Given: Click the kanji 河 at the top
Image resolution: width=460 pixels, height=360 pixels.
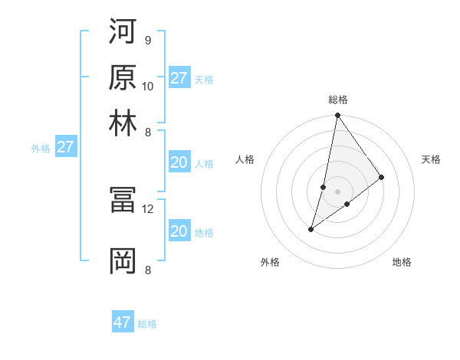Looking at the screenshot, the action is pyautogui.click(x=123, y=31).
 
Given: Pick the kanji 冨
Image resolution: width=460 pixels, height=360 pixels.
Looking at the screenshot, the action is pyautogui.click(x=123, y=200).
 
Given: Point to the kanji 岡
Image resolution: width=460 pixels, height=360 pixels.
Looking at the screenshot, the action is pyautogui.click(x=123, y=260).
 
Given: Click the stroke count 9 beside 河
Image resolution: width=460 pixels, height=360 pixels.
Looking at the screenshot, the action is pyautogui.click(x=147, y=40).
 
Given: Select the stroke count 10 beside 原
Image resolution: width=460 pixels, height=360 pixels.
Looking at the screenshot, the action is pyautogui.click(x=148, y=86).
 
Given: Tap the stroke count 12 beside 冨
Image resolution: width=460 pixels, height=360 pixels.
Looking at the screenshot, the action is pyautogui.click(x=148, y=208).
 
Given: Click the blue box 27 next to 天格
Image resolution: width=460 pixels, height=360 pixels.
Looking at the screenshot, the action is pyautogui.click(x=179, y=78).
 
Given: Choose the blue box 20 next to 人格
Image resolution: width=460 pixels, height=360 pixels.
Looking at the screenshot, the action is pyautogui.click(x=179, y=162).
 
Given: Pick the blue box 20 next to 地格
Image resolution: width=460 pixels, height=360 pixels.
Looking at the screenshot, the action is pyautogui.click(x=179, y=231).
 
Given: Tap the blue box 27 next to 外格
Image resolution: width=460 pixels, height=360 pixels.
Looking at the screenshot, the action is pyautogui.click(x=65, y=147).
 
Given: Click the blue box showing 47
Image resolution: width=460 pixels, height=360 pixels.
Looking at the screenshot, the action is pyautogui.click(x=123, y=322).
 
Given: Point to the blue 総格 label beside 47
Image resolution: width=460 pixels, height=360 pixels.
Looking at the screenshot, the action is pyautogui.click(x=148, y=324).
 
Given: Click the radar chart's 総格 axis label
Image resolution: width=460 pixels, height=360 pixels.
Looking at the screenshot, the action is pyautogui.click(x=338, y=100).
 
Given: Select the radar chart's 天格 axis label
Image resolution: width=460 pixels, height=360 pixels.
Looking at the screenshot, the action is pyautogui.click(x=432, y=159).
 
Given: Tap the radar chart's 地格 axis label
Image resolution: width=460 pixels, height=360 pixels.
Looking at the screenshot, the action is pyautogui.click(x=402, y=263).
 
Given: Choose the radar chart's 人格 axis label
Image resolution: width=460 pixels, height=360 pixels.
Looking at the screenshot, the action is pyautogui.click(x=245, y=159).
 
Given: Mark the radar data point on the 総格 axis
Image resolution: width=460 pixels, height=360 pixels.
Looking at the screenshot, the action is pyautogui.click(x=337, y=116).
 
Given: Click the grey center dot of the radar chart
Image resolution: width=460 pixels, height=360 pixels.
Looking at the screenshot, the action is pyautogui.click(x=337, y=191).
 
